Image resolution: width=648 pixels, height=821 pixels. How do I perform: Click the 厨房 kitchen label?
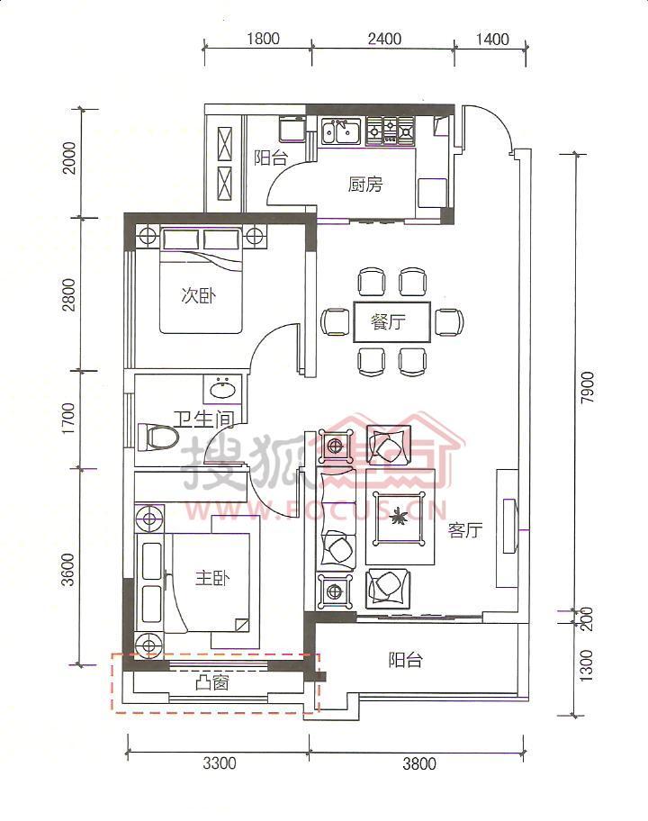[365, 185]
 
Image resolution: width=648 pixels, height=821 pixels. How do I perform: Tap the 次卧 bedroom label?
[198, 295]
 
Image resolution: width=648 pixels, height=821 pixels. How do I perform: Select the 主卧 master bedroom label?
[212, 578]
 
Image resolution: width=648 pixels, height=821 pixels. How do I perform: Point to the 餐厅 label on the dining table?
[388, 321]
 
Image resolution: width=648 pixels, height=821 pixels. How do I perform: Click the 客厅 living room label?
[464, 530]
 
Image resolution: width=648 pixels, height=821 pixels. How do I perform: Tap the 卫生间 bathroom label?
[203, 419]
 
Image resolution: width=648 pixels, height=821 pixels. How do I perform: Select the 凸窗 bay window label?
[212, 682]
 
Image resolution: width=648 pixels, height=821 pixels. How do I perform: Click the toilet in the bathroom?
[157, 438]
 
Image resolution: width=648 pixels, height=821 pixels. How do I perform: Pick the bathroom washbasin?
[223, 389]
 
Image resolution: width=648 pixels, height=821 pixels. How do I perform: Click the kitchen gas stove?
[390, 130]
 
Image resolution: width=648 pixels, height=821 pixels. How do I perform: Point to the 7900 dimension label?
[588, 387]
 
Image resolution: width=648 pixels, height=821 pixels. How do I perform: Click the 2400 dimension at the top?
[384, 39]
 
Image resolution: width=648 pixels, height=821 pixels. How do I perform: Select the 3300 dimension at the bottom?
[220, 763]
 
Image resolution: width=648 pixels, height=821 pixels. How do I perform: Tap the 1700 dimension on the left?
[68, 418]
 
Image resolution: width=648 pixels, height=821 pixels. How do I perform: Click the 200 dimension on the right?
[587, 618]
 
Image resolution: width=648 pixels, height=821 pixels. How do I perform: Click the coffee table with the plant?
[400, 518]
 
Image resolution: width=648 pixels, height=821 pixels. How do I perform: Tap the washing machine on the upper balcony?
[292, 129]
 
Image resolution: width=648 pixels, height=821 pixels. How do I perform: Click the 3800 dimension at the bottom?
[419, 763]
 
